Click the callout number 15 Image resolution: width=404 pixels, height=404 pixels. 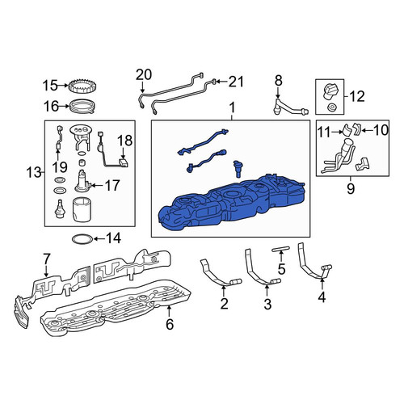click(x=50, y=86)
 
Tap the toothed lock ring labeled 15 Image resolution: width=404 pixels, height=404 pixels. click(x=82, y=86)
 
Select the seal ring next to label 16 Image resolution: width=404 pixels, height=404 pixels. click(x=82, y=107)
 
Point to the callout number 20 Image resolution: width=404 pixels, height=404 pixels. click(x=144, y=75)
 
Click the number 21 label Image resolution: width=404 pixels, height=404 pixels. click(x=236, y=82)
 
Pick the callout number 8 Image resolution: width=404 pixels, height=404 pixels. click(x=278, y=80)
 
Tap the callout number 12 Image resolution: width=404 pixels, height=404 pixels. click(x=357, y=96)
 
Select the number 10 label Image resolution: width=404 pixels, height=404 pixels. click(x=381, y=129)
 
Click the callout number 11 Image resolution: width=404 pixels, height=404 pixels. click(x=325, y=132)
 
